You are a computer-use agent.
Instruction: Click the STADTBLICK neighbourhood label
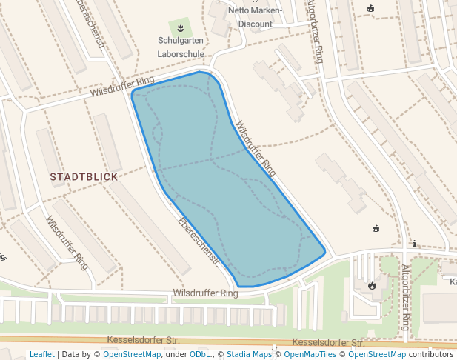click(x=84, y=177)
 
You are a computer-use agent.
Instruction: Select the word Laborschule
click(x=181, y=54)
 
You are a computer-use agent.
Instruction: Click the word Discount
click(x=255, y=24)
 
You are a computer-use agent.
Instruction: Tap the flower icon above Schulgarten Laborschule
click(x=179, y=28)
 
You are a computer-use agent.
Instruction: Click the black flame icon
click(x=372, y=285)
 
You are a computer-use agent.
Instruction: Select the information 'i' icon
click(x=414, y=243)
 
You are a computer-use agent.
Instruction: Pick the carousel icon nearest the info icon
click(x=376, y=228)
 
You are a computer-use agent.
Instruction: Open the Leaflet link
click(x=42, y=354)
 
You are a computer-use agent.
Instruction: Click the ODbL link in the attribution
click(x=199, y=354)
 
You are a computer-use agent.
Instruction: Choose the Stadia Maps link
click(x=249, y=354)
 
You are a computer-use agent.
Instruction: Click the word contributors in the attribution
click(x=432, y=354)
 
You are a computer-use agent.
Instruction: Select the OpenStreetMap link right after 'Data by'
click(x=131, y=354)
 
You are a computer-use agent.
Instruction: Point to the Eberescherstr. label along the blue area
click(x=199, y=241)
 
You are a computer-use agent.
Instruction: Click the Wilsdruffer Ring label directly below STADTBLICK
click(x=67, y=242)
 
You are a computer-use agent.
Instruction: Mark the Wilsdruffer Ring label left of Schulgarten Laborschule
click(x=123, y=87)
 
